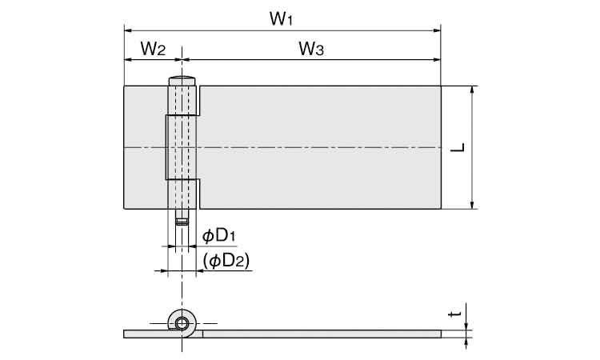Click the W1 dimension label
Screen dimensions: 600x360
point(281,18)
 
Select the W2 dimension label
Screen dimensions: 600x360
point(153,49)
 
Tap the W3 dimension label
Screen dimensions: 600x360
point(311,49)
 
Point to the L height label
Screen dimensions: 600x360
point(458,148)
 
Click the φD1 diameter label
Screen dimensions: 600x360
point(218,236)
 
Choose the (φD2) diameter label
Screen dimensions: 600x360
point(226,261)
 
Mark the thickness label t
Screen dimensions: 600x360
point(455,314)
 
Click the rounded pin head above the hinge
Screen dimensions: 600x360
point(182,81)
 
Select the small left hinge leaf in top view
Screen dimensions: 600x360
point(145,147)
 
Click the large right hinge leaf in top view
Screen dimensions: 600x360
point(320,147)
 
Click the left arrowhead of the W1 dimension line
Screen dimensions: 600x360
point(128,30)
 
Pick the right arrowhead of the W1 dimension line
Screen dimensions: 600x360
point(437,30)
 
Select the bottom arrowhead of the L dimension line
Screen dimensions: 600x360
point(473,205)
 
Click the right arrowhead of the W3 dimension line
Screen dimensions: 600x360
point(437,59)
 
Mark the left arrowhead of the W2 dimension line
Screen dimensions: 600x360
point(128,59)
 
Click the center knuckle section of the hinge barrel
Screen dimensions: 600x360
point(182,147)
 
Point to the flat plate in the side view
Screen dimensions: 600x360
point(322,334)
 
